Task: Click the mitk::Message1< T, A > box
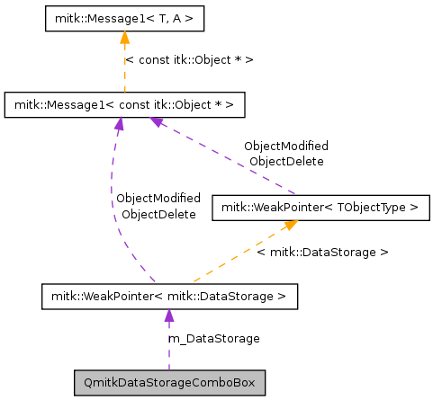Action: (124, 17)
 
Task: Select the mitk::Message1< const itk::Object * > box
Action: (124, 105)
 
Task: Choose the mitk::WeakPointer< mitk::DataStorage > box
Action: (168, 295)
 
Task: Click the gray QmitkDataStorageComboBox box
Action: (168, 383)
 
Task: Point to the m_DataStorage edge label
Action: (214, 339)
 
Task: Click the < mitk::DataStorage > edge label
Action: (322, 253)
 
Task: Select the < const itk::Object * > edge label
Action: (189, 59)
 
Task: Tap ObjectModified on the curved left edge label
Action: (158, 198)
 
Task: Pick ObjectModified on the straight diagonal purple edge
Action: (286, 145)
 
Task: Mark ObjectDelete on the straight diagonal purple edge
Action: (286, 161)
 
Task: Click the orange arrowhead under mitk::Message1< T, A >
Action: (124, 38)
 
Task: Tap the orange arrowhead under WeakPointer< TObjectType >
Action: (290, 226)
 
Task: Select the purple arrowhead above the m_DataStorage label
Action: (168, 316)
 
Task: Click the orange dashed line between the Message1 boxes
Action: (124, 72)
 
